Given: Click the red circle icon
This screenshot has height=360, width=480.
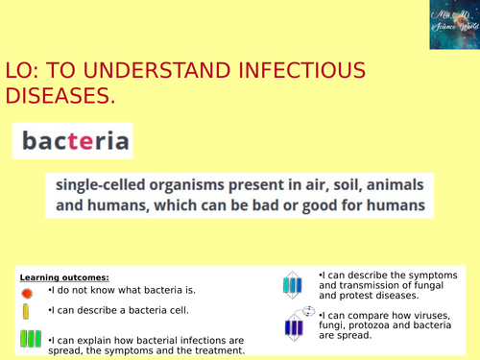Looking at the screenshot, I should (x=27, y=292).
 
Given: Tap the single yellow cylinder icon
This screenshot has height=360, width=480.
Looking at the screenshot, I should (x=26, y=312).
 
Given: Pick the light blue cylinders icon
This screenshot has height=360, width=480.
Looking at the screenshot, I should (x=291, y=285).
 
